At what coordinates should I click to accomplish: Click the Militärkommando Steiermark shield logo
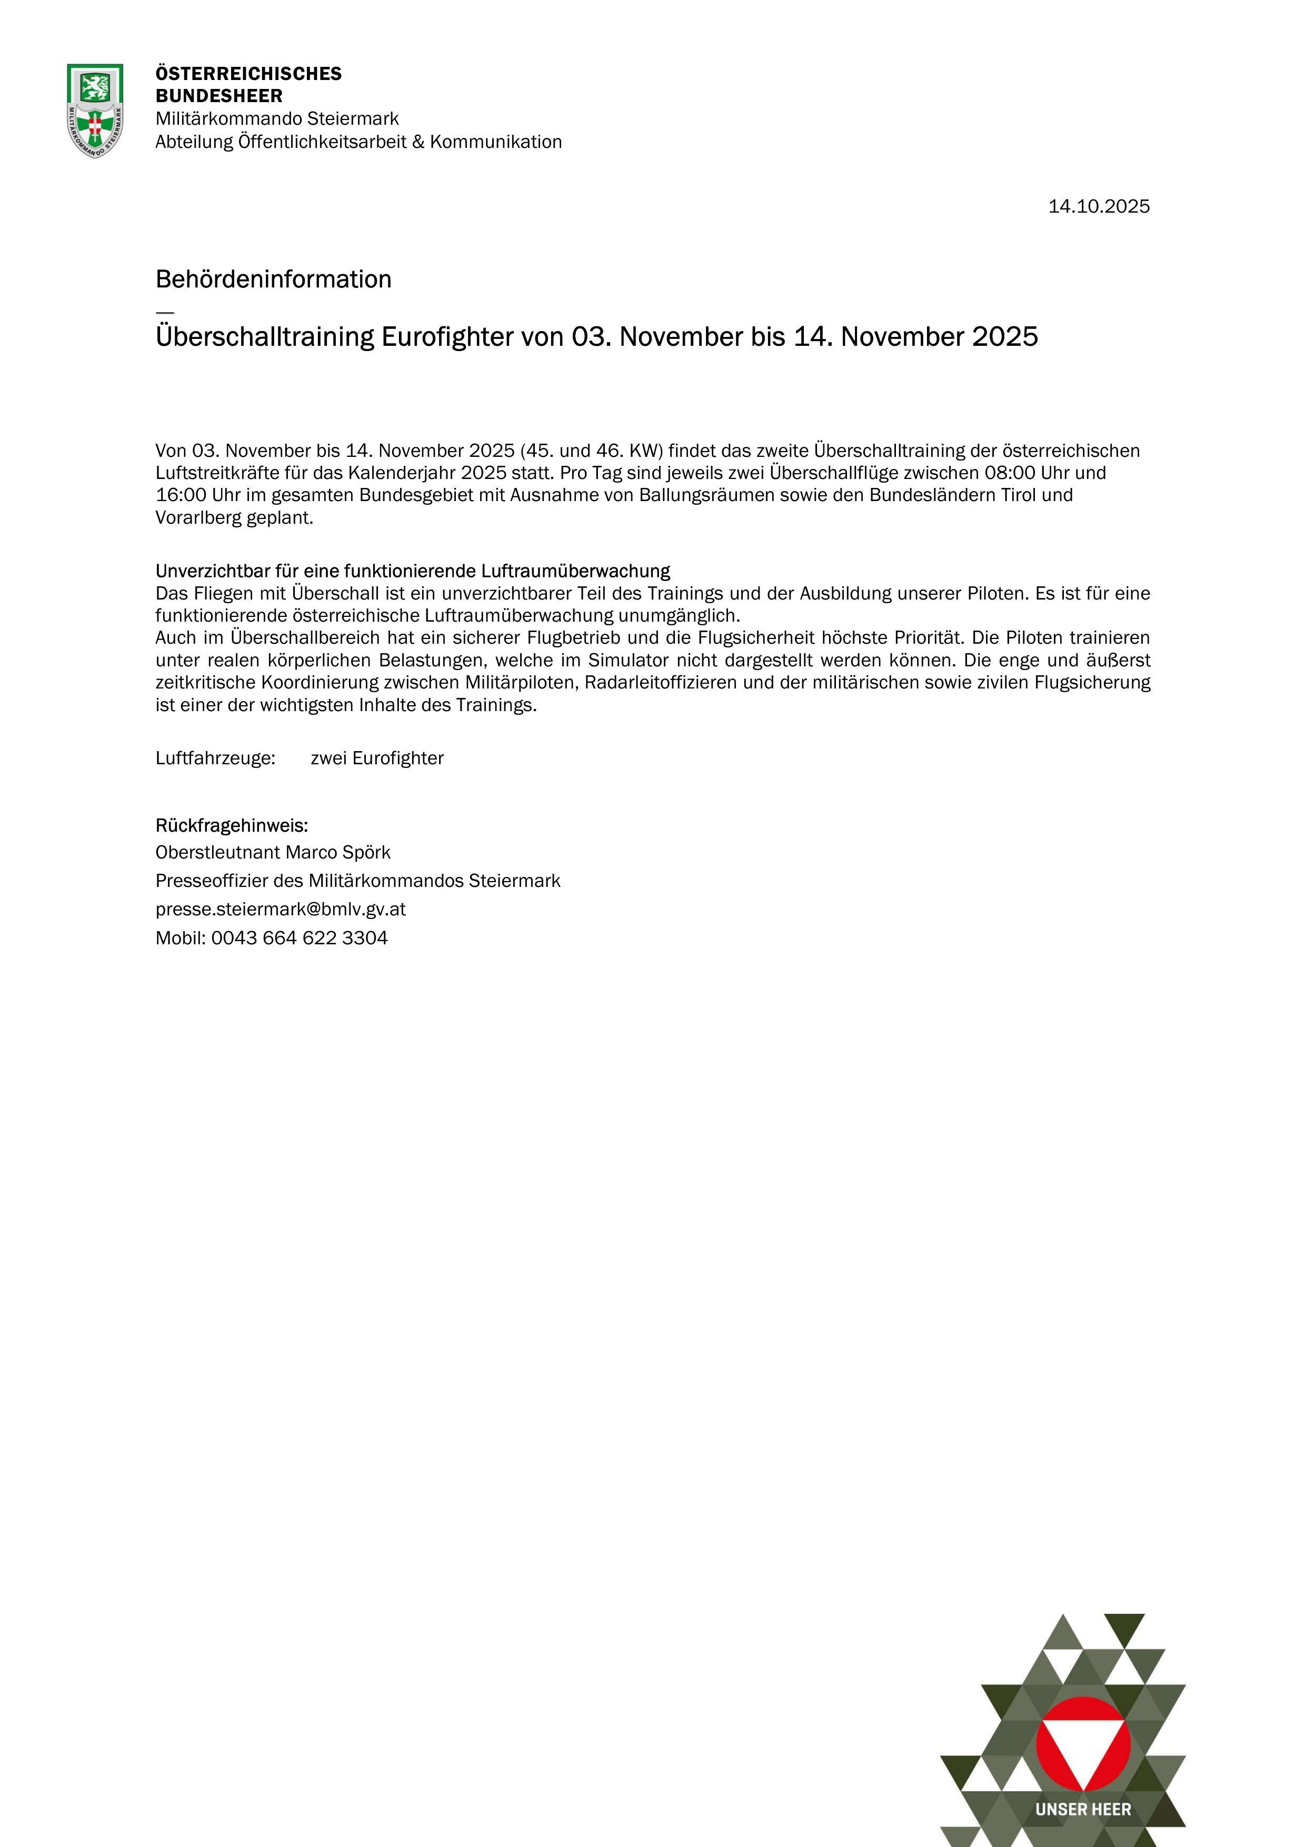pyautogui.click(x=95, y=110)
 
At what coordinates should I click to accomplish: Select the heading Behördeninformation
pyautogui.click(x=274, y=279)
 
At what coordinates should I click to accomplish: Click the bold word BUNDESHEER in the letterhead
pyautogui.click(x=219, y=96)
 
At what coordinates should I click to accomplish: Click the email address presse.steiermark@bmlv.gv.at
pyautogui.click(x=280, y=909)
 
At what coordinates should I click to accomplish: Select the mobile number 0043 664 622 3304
pyautogui.click(x=300, y=938)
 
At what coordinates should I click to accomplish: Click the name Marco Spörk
pyautogui.click(x=338, y=852)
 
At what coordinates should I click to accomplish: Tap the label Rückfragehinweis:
pyautogui.click(x=232, y=825)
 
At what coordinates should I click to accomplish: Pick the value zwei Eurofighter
pyautogui.click(x=376, y=758)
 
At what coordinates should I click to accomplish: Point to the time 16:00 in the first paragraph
pyautogui.click(x=181, y=495)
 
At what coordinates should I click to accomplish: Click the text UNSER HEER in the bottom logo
pyautogui.click(x=1083, y=1809)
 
